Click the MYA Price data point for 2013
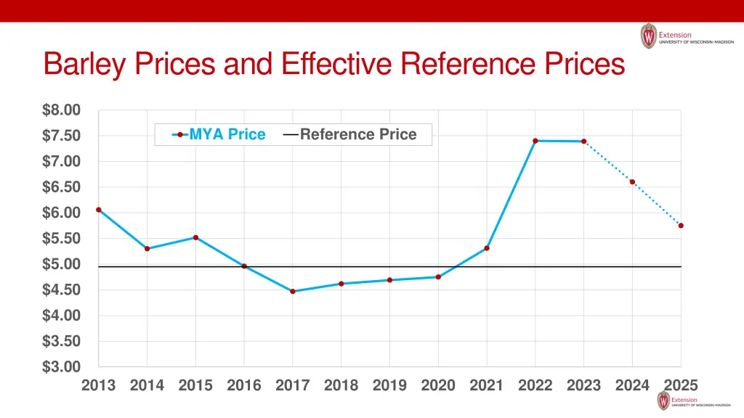[x=99, y=210]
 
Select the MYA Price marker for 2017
[x=293, y=291]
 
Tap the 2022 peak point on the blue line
[x=535, y=141]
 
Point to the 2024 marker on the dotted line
[x=632, y=182]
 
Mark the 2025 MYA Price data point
[x=681, y=226]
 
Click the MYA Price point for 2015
[x=195, y=237]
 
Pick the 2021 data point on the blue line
[x=487, y=248]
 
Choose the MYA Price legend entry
[x=219, y=134]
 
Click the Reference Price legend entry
[x=350, y=134]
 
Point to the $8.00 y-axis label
[x=61, y=110]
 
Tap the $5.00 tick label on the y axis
[x=61, y=264]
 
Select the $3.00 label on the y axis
[x=61, y=367]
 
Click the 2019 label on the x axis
[x=389, y=385]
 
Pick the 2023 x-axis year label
[x=583, y=385]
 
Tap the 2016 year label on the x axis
[x=244, y=385]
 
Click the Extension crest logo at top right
[x=648, y=36]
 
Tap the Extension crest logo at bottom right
[x=663, y=401]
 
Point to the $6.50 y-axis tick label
[x=61, y=187]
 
